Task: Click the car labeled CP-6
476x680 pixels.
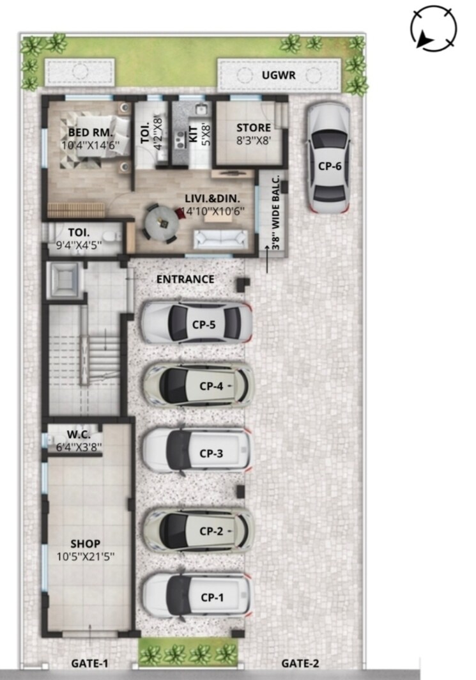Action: point(328,158)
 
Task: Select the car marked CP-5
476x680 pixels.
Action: point(196,323)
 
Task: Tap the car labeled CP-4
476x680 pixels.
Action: point(198,385)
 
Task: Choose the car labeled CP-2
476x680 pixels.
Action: point(198,530)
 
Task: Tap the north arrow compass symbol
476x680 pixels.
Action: point(434,27)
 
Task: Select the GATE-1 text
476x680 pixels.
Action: point(89,663)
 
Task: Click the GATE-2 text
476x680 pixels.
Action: point(300,663)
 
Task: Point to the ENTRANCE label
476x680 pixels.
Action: point(185,279)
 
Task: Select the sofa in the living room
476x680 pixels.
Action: point(220,238)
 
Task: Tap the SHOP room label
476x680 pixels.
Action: point(85,544)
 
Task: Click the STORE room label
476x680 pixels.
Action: point(254,127)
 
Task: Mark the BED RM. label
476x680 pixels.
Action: point(90,132)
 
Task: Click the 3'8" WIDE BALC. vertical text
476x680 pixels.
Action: point(276,211)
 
